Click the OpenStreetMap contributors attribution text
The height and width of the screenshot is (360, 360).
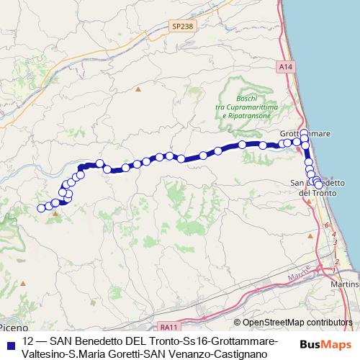[297, 323]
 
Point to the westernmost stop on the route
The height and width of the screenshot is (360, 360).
[41, 209]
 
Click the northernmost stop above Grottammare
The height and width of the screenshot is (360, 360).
[304, 132]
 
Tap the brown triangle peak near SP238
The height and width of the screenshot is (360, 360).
[138, 90]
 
